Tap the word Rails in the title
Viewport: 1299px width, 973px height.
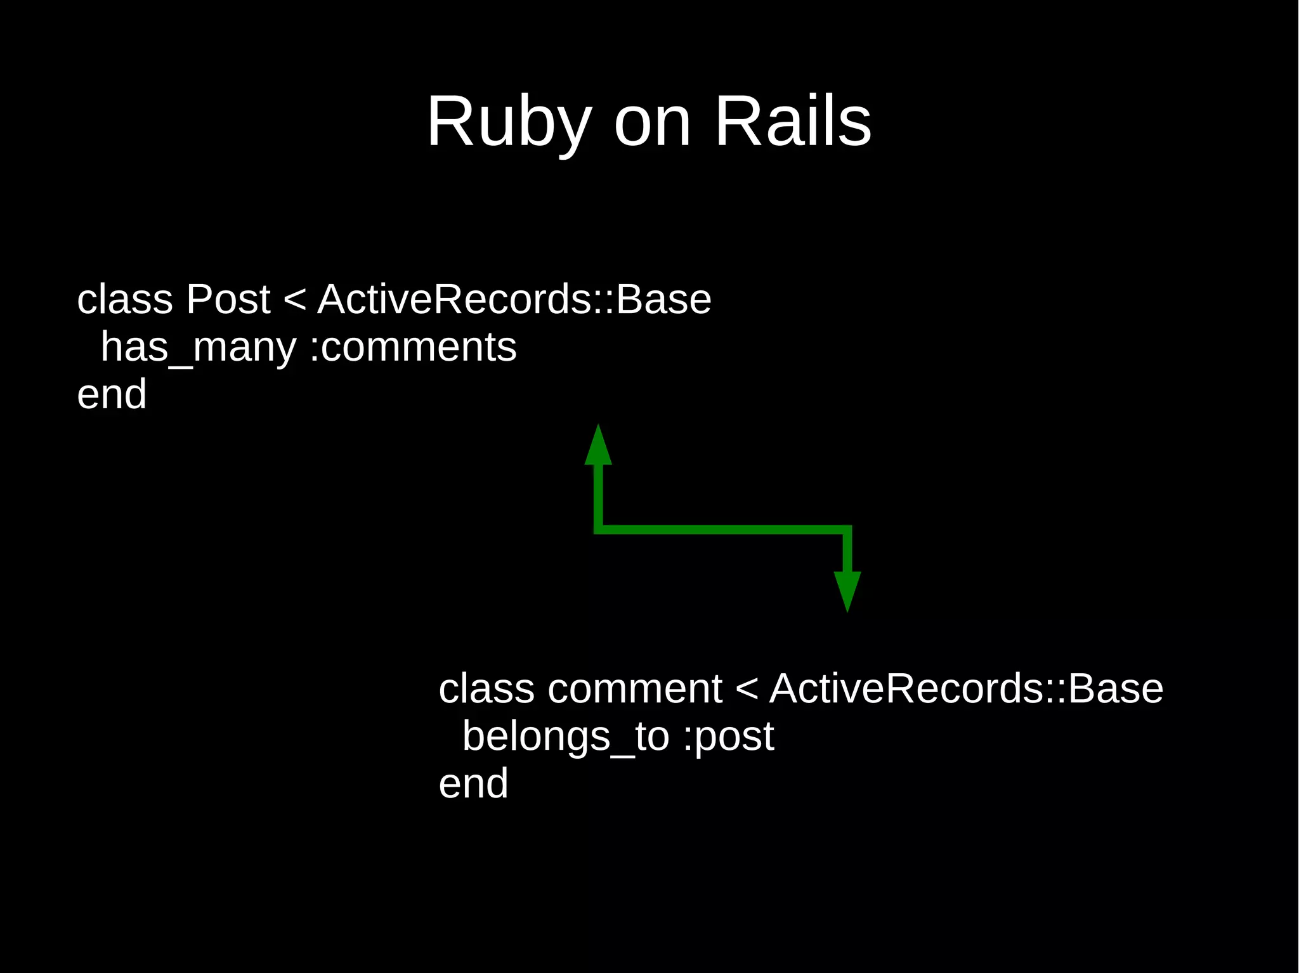793,122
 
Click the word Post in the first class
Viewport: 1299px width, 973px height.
228,299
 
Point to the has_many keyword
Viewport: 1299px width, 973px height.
199,348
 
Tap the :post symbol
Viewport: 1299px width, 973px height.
729,737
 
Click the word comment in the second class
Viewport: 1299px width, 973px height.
635,689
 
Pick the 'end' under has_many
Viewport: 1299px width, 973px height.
112,395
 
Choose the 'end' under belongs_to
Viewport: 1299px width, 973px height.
473,784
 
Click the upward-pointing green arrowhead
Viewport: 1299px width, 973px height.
597,447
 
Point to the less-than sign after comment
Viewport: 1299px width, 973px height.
747,689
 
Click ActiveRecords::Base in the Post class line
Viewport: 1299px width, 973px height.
514,299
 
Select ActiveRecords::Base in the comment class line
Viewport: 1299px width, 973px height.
966,689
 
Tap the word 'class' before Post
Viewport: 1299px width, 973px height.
125,299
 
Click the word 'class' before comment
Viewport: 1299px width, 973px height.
486,689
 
